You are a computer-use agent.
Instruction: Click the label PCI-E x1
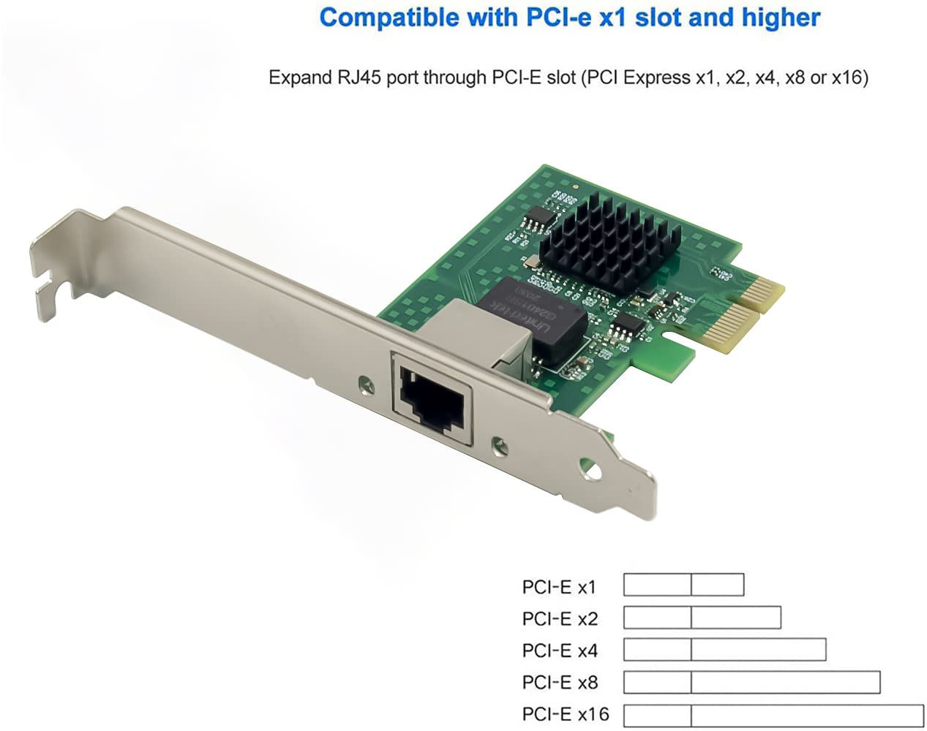559,586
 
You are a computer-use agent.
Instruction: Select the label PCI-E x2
560,618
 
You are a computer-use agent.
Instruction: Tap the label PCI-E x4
560,650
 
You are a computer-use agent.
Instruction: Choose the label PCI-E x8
560,682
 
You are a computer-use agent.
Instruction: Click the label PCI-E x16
565,713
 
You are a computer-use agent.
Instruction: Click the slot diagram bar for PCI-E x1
683,585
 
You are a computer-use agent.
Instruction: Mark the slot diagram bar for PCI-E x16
773,715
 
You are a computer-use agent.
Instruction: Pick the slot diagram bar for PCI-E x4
724,649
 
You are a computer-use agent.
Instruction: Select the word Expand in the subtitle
297,77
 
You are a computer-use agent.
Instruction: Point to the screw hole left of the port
364,382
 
